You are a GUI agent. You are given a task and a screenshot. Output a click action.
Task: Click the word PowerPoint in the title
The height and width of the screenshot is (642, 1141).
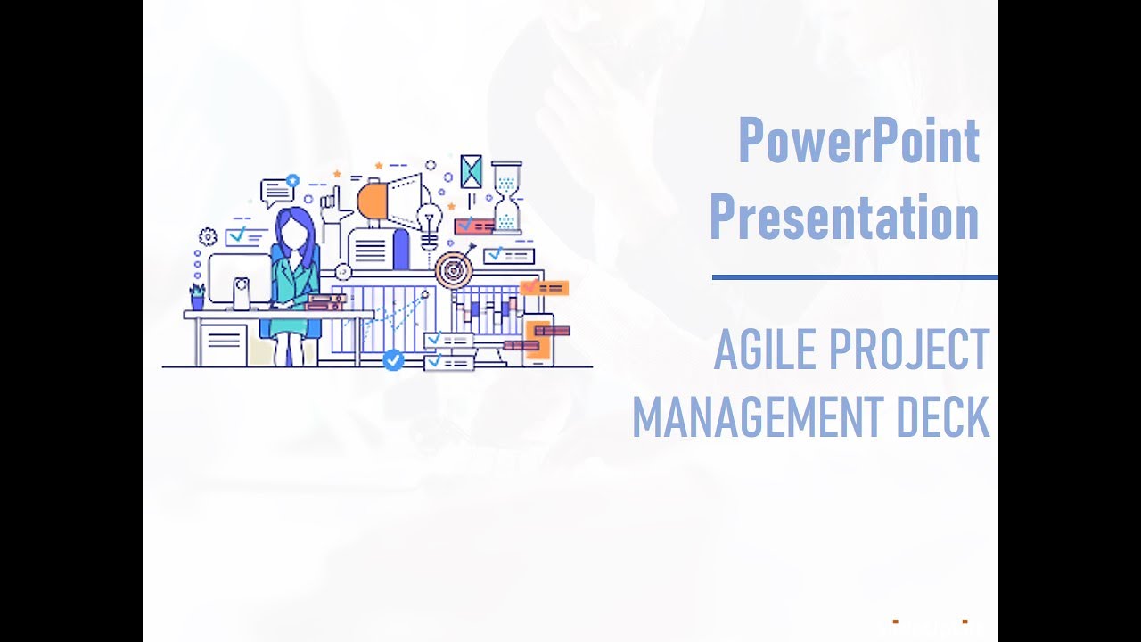point(858,141)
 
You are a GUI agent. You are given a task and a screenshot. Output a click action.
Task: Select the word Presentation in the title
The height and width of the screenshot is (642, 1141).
point(843,217)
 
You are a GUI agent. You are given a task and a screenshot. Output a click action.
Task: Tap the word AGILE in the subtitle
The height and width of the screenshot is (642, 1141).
point(766,350)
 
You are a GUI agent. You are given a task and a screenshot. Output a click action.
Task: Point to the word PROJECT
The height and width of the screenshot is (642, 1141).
point(908,350)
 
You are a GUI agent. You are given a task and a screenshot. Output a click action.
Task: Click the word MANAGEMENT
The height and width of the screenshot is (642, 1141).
point(758,416)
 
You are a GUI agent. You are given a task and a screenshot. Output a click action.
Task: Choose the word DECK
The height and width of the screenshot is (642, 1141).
point(942,416)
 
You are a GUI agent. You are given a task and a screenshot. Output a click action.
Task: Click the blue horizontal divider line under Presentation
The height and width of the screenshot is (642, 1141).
point(854,277)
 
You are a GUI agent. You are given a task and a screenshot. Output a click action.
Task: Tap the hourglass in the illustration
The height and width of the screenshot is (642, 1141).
point(507,197)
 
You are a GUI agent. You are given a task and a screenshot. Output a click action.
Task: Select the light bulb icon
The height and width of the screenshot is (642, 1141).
point(431,223)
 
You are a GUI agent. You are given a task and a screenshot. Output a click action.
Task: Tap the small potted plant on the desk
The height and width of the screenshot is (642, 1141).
point(197,296)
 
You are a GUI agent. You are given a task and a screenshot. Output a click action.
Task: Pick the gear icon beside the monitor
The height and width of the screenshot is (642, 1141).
point(208,236)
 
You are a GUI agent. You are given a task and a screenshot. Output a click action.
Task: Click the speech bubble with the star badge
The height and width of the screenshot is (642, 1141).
point(277,192)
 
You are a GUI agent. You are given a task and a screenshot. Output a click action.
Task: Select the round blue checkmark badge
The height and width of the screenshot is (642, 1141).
point(393,360)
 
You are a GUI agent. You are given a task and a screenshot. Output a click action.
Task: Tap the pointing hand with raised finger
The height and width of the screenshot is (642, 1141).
point(332,207)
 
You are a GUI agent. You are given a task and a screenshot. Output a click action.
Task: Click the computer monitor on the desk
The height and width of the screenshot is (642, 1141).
point(239,281)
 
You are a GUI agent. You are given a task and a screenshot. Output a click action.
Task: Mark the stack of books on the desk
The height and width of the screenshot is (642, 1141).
point(324,302)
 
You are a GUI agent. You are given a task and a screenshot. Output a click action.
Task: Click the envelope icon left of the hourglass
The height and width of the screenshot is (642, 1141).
point(471,171)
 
